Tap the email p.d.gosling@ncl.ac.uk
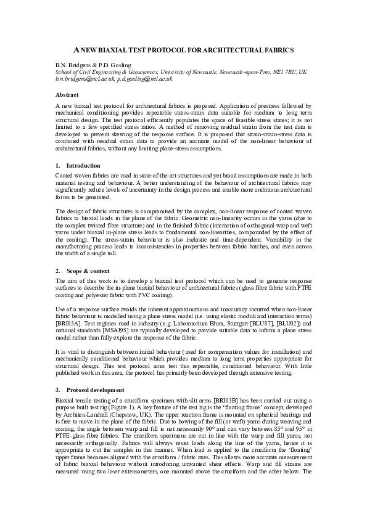146,79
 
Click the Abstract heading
67,95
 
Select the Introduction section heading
83,166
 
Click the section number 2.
57,271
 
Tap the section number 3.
57,390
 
